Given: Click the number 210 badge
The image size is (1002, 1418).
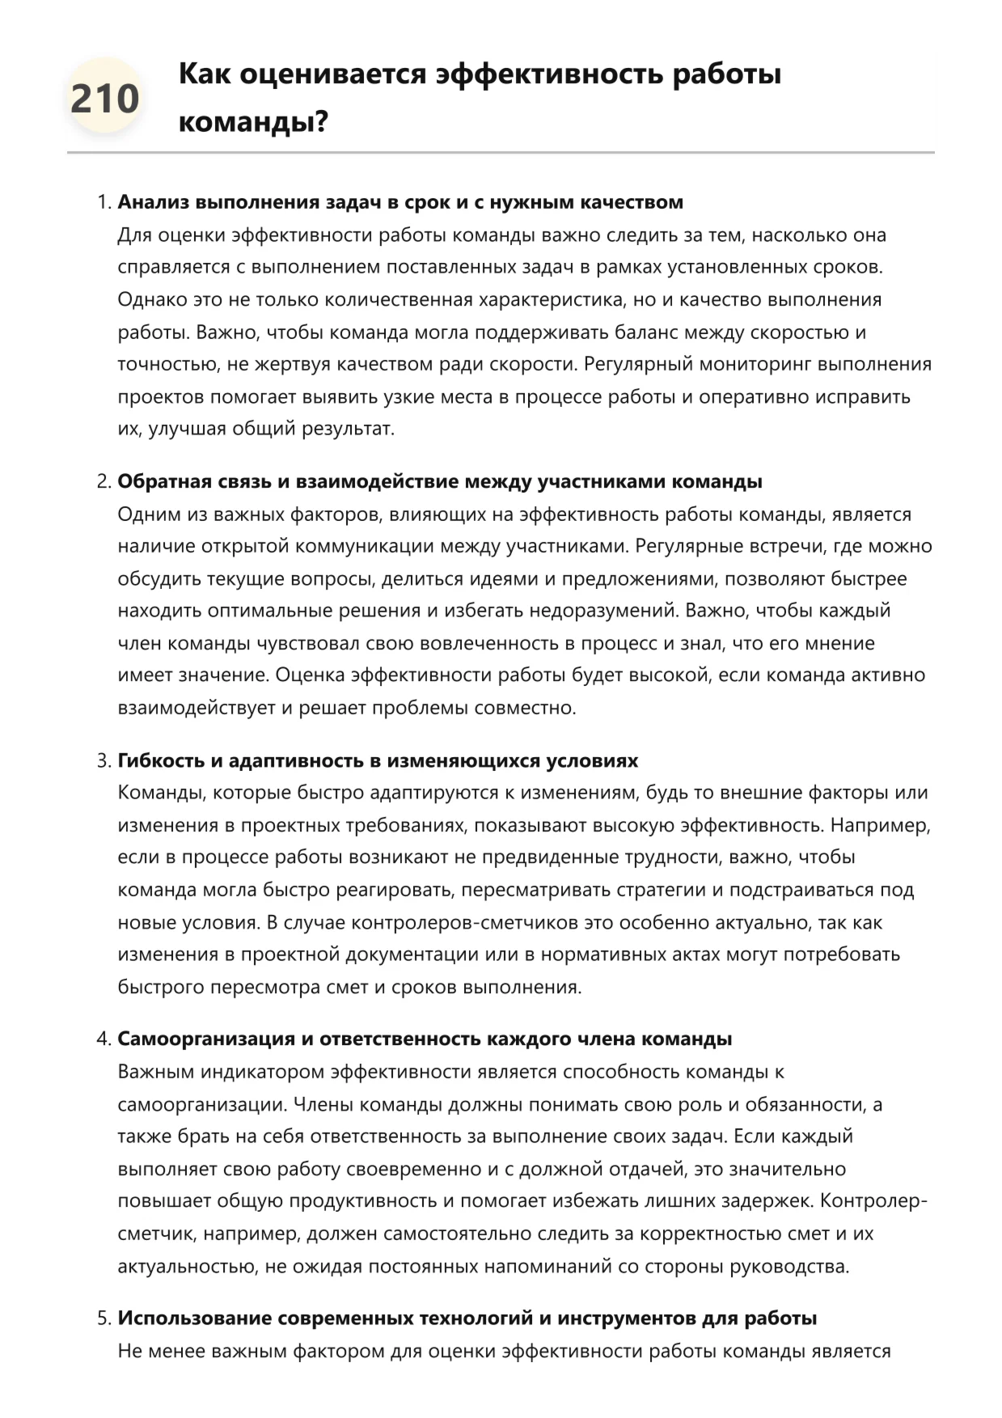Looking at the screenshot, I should pos(105,99).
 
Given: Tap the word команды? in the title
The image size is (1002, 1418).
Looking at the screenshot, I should pos(253,123).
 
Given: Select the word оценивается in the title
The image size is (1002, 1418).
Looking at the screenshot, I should pos(333,74).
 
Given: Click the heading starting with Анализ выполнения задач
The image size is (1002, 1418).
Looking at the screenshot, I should pos(400,202).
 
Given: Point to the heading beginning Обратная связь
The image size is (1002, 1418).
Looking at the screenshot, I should pos(440,482).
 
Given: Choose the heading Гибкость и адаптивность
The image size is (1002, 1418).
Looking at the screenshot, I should pos(378,761).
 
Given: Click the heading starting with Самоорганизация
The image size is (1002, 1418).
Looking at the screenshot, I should pos(425,1039).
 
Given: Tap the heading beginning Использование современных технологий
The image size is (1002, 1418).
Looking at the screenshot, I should pos(467,1319).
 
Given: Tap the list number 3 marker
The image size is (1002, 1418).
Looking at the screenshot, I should pos(104,761).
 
